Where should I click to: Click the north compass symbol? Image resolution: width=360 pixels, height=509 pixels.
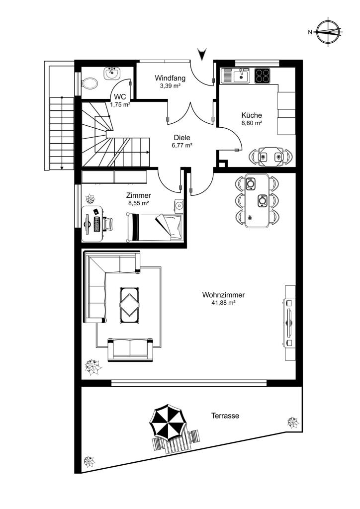[x=329, y=32]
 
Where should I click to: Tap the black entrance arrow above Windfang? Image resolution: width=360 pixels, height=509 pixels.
[x=202, y=54]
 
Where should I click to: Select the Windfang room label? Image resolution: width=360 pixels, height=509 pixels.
[x=170, y=78]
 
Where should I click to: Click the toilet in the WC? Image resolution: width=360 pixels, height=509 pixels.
[x=90, y=84]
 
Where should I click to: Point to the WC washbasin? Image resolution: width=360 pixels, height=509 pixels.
[x=112, y=73]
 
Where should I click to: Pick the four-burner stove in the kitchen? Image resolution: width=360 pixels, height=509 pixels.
[x=262, y=76]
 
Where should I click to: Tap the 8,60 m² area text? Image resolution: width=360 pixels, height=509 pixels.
[x=252, y=123]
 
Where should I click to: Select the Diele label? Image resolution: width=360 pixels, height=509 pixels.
[x=182, y=138]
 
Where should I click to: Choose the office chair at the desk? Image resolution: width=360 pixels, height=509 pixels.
[x=108, y=224]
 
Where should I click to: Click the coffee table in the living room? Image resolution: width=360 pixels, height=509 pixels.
[x=130, y=305]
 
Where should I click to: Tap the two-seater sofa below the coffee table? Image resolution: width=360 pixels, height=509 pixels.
[x=130, y=349]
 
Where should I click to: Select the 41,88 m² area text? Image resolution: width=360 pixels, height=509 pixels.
[x=223, y=303]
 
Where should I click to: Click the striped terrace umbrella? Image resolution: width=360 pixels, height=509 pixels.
[x=168, y=421]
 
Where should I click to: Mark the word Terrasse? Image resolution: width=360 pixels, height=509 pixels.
[x=225, y=416]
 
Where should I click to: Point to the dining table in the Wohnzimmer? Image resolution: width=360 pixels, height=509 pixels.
[x=257, y=201]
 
